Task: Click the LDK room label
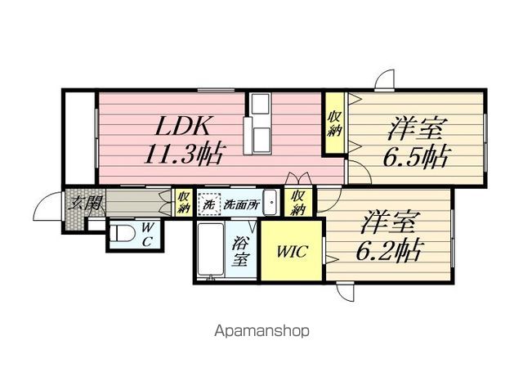[183, 126]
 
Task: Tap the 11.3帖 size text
[183, 155]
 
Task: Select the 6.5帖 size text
[416, 156]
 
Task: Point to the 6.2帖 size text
[390, 250]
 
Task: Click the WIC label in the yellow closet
[292, 251]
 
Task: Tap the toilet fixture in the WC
[122, 233]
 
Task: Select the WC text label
[147, 235]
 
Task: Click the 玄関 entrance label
[86, 203]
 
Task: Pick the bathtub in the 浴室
[211, 250]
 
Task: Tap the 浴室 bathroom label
[241, 250]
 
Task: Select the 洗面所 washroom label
[241, 204]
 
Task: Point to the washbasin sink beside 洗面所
[270, 203]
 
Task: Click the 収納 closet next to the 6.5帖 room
[334, 123]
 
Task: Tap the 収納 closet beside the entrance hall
[184, 202]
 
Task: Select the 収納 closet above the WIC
[298, 203]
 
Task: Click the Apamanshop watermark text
[261, 331]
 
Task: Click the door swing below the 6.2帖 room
[345, 292]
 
